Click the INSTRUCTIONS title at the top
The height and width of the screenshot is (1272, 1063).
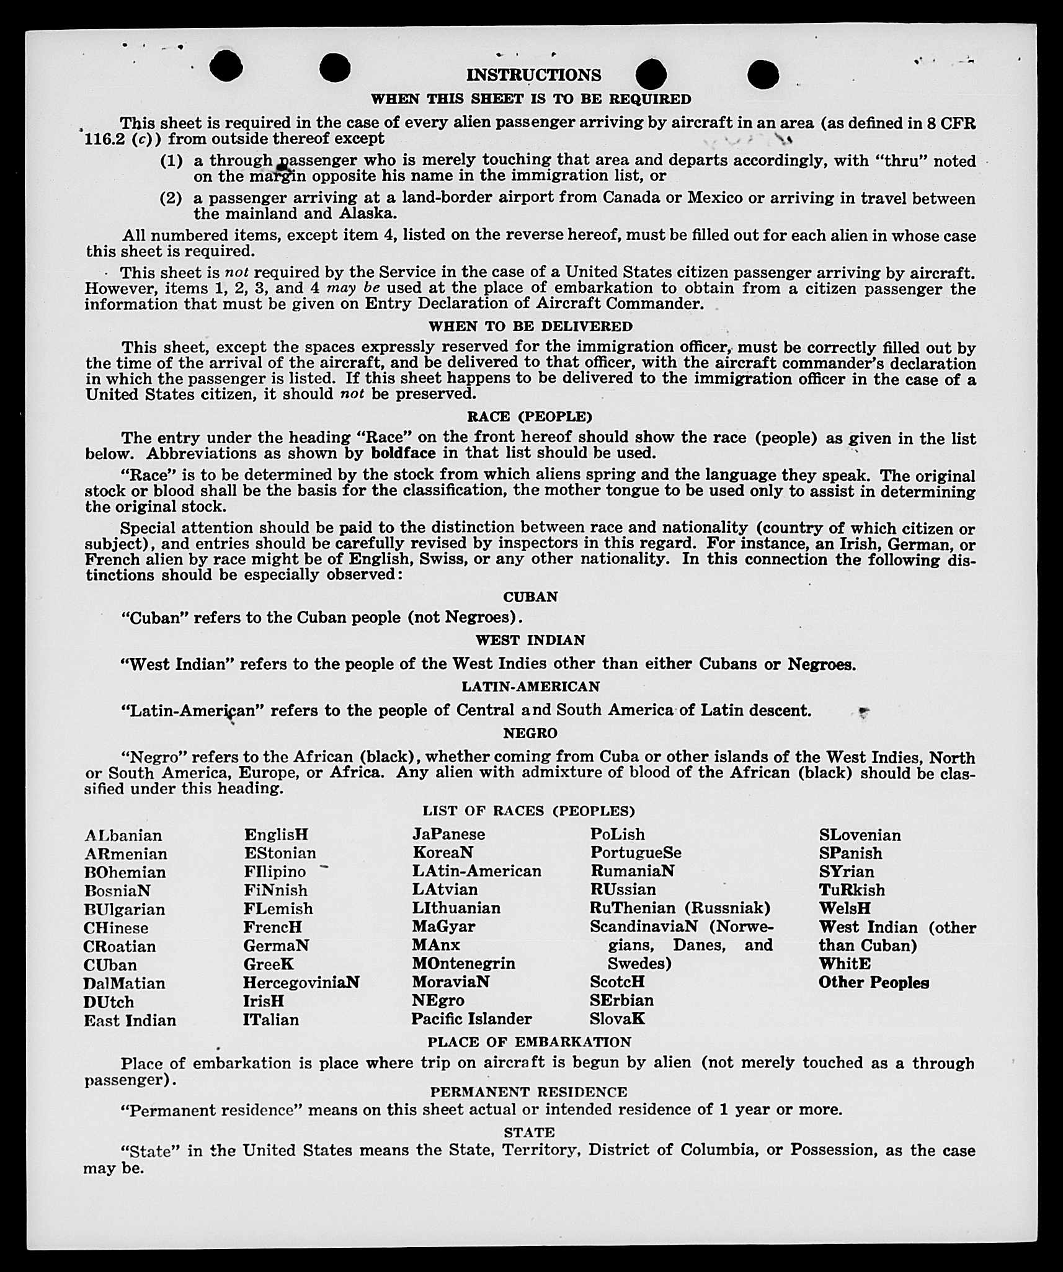[533, 75]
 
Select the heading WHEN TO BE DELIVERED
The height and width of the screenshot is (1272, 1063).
[530, 326]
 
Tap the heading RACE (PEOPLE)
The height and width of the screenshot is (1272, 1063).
[530, 416]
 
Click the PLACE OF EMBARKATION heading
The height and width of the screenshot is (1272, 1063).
[529, 1042]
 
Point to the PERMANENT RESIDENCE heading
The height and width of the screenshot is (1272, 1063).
[528, 1092]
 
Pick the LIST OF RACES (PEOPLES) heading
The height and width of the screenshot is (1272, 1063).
[528, 811]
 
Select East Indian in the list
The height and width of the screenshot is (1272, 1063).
[130, 1020]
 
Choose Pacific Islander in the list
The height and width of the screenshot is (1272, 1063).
[471, 1019]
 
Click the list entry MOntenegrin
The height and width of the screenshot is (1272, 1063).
[463, 964]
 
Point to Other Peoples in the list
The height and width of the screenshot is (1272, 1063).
[873, 983]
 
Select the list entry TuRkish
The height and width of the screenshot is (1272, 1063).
[852, 890]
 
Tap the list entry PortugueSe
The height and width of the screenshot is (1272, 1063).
[635, 853]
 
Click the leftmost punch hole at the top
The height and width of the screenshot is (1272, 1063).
[226, 66]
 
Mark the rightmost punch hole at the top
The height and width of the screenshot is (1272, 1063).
[763, 75]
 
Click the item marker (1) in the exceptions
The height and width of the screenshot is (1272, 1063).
[171, 161]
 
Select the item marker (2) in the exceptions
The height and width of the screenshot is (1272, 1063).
[171, 198]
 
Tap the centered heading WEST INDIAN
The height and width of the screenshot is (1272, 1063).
[530, 640]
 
